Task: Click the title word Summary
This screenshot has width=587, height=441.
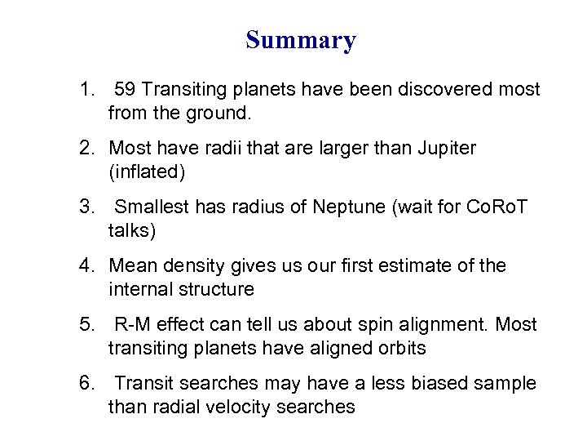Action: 301,40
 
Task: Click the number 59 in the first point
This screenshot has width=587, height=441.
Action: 126,90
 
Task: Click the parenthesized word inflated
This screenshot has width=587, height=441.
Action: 147,171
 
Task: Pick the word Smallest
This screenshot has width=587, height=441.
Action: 151,207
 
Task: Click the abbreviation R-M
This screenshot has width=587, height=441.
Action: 131,325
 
